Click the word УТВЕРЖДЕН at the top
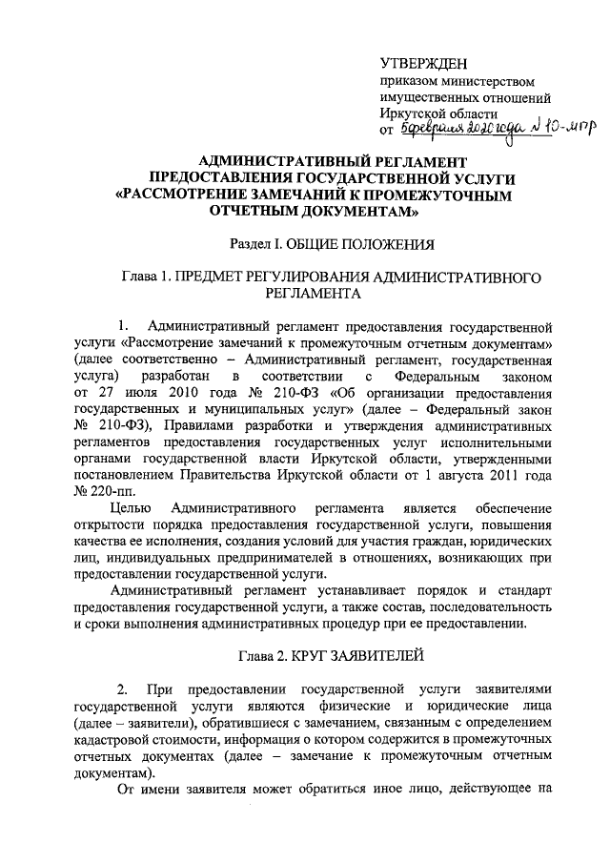pyautogui.click(x=424, y=64)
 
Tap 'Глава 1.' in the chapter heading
pyautogui.click(x=148, y=277)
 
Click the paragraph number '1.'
pyautogui.click(x=121, y=326)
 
